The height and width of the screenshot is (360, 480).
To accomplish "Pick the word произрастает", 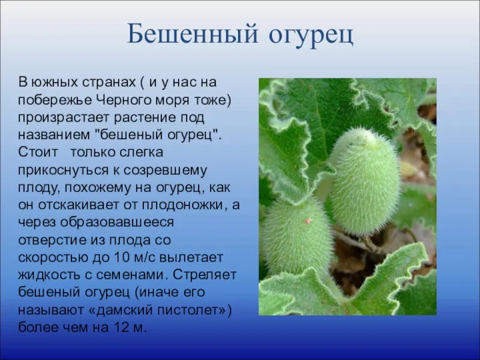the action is click(x=64, y=118).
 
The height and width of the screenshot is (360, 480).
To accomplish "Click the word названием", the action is click(x=54, y=135).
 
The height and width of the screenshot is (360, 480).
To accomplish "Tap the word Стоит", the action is click(x=38, y=152).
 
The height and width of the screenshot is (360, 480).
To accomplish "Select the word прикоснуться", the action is click(x=63, y=170).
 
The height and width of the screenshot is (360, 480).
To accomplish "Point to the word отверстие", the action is click(x=52, y=241).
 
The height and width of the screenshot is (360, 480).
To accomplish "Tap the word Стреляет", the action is click(x=205, y=275).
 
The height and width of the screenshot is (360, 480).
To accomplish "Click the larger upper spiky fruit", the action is click(x=365, y=181).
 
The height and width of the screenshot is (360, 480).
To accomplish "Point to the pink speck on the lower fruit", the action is click(x=308, y=220).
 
